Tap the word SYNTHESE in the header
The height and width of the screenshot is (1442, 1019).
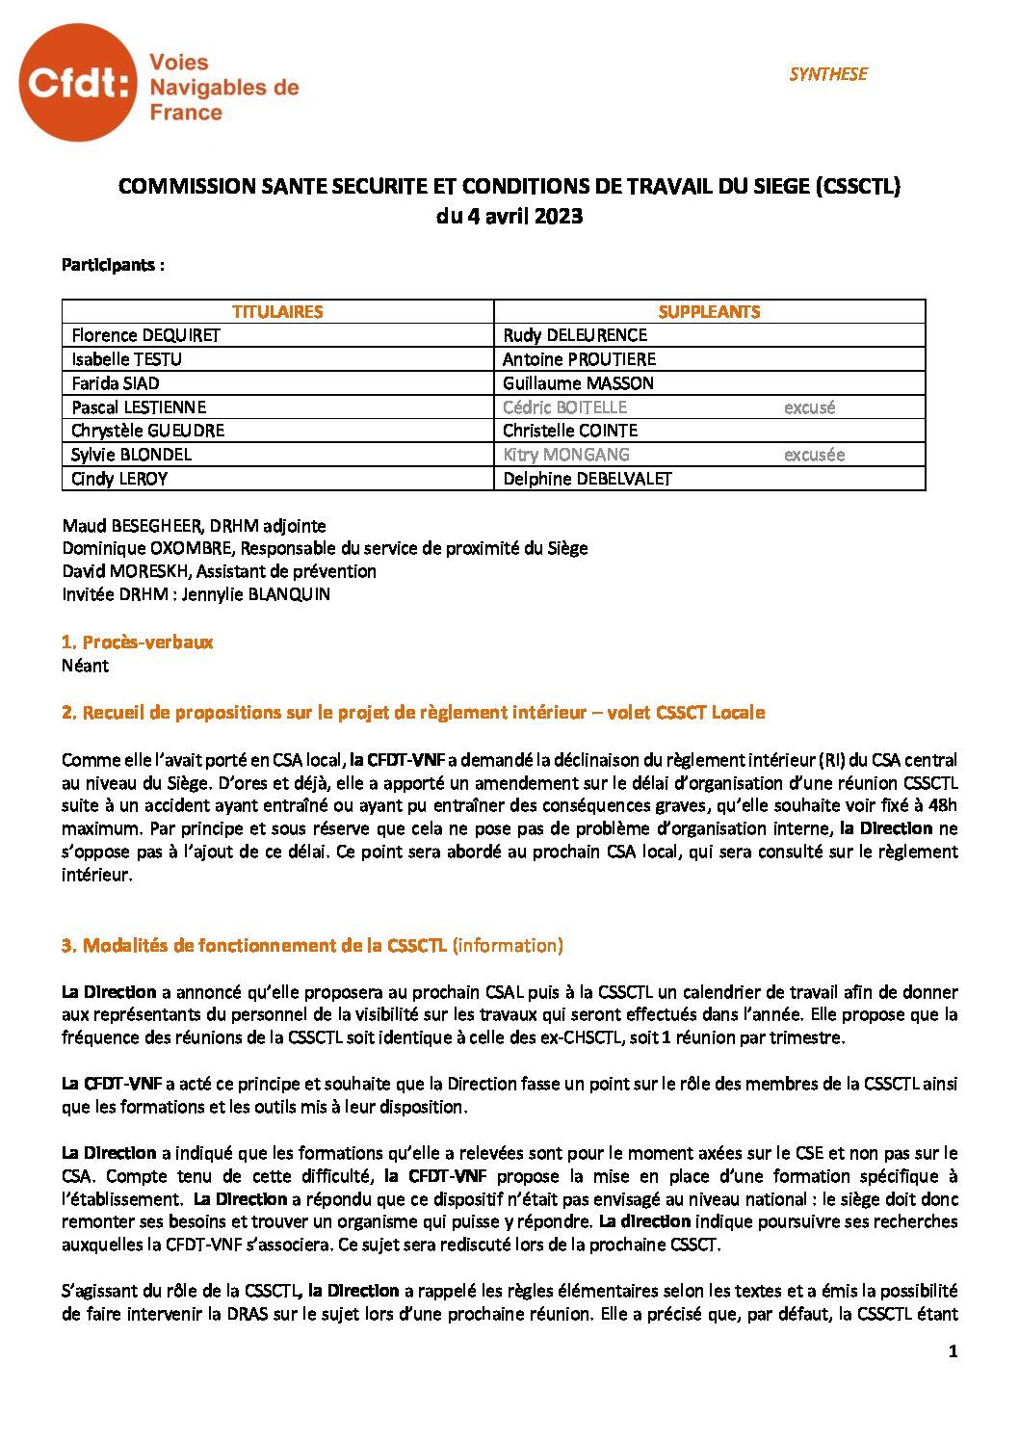[827, 74]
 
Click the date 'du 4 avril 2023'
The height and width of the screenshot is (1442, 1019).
[509, 217]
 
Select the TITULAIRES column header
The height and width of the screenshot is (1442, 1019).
[277, 311]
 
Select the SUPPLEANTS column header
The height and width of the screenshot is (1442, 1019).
[709, 311]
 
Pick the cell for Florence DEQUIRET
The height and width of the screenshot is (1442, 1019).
[146, 335]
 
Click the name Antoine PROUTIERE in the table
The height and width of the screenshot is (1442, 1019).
[579, 359]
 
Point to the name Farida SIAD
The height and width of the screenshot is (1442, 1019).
[116, 383]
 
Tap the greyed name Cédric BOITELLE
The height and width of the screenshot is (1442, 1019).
[564, 407]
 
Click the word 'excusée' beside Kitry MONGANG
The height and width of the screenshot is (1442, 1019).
[814, 455]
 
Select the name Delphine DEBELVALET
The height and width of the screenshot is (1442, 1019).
[588, 479]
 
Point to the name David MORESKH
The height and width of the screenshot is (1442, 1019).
[120, 571]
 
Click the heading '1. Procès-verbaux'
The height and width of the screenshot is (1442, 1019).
[137, 642]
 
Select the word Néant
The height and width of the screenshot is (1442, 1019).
[85, 666]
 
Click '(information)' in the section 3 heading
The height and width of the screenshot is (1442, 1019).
[508, 946]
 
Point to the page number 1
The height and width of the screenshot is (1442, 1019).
[953, 1351]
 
